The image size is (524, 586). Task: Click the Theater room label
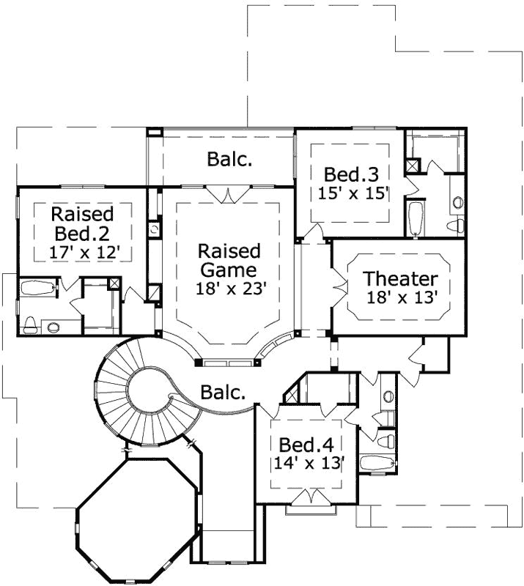coord(401,279)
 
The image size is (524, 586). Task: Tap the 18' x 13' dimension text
coord(402,297)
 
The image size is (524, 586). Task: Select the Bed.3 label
coord(351,175)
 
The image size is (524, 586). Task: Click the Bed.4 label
coord(306,445)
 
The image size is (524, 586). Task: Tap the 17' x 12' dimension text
coord(83,252)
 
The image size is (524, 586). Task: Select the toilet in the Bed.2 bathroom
coord(32,322)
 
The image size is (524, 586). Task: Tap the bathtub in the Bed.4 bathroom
coord(378,463)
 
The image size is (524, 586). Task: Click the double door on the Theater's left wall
coord(339,279)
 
